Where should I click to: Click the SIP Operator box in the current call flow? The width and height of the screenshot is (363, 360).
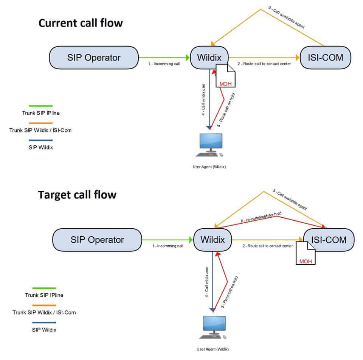coord(94,58)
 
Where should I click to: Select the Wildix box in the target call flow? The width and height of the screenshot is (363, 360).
coord(213,240)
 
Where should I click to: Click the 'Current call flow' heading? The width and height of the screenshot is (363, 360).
coord(81,23)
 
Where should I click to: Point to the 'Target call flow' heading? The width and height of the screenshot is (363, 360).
coord(77,195)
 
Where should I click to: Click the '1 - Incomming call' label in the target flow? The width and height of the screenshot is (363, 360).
coord(168,246)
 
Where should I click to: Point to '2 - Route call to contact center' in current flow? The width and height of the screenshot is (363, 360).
coord(264,64)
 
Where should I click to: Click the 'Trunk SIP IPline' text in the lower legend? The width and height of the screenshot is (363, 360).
coord(44,295)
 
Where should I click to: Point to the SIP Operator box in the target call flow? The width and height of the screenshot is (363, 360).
coord(97,240)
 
